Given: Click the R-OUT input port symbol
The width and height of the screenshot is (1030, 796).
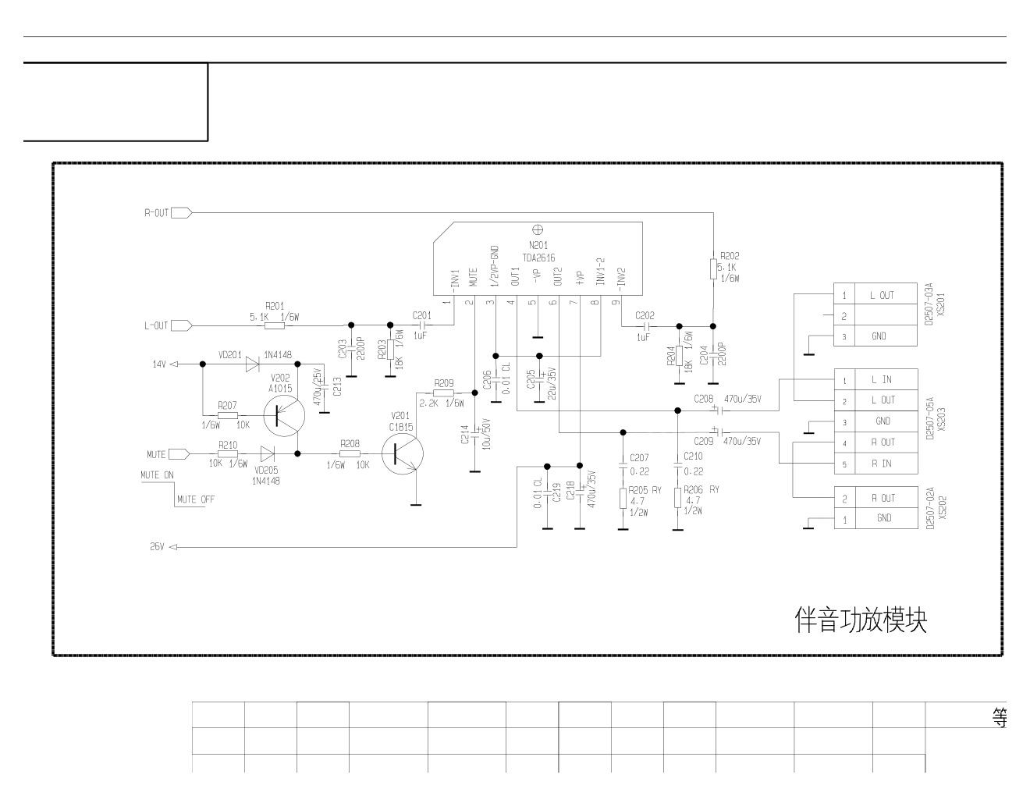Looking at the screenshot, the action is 182,213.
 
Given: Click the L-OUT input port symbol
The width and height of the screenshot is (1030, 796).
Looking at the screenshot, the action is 182,325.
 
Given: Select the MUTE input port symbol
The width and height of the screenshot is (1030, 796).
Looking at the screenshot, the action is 179,454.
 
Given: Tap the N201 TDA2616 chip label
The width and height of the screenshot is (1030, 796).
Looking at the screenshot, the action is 538,252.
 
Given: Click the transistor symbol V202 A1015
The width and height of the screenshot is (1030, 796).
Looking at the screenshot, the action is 284,415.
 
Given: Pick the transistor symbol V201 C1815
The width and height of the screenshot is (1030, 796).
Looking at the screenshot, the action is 403,453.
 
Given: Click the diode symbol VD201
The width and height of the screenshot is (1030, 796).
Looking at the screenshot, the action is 252,364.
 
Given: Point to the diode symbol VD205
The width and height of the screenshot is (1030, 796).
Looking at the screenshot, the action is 268,453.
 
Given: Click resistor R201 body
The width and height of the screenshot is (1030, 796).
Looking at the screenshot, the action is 275,325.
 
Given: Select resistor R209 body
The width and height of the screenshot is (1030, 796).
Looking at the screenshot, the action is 444,393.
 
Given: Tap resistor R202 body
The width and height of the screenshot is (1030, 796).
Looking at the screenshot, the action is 713,268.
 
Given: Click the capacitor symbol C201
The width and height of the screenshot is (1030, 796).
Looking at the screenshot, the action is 423,325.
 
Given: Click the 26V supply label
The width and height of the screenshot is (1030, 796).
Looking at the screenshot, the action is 157,546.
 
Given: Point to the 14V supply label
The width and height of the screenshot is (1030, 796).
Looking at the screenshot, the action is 159,364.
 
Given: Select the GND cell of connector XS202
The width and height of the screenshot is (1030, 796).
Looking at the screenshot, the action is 884,518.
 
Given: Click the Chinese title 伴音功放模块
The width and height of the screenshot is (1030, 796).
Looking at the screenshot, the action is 861,620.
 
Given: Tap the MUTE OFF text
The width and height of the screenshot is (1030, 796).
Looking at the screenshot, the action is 196,499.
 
